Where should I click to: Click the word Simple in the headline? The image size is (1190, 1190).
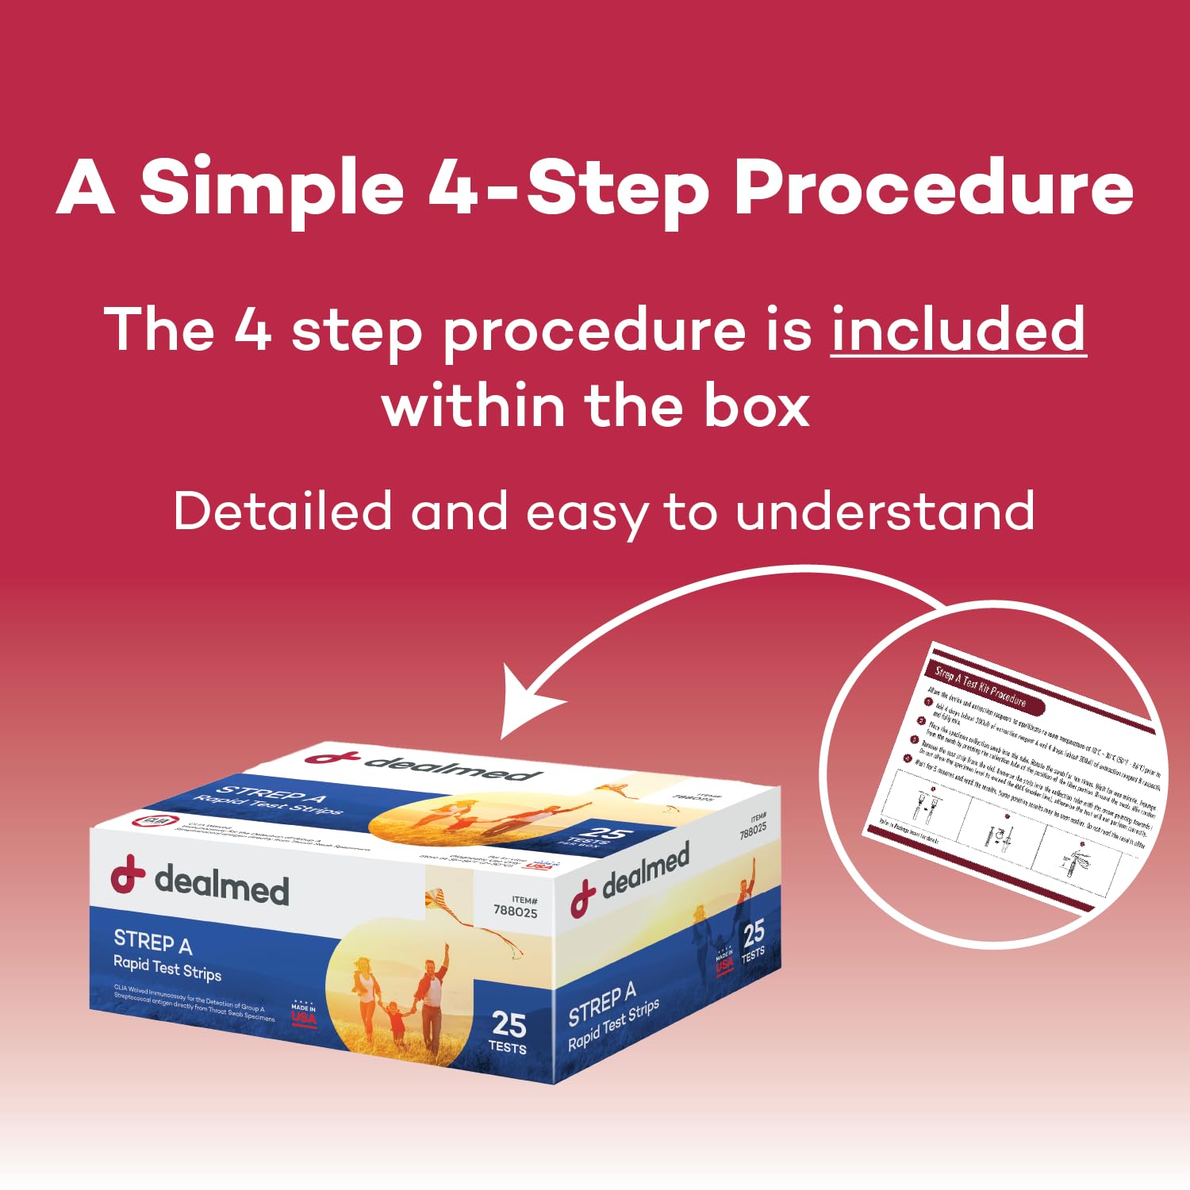click(271, 187)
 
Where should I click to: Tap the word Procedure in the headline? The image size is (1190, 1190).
click(933, 187)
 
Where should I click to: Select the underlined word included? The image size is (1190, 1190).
click(958, 329)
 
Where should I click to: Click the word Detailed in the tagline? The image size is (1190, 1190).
click(282, 511)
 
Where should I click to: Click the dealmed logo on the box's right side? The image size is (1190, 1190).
click(631, 877)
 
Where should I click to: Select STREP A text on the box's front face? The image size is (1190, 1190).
click(152, 942)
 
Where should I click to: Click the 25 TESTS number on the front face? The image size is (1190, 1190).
click(509, 1030)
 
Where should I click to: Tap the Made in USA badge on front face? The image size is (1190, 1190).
click(303, 1013)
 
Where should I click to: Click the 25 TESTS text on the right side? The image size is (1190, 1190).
click(753, 939)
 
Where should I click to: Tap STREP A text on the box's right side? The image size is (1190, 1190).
click(601, 1004)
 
